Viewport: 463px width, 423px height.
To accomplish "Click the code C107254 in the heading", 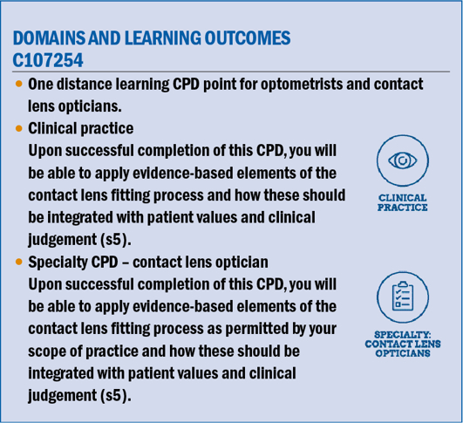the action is tap(48, 60).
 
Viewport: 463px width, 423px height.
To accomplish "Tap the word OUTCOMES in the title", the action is tap(248, 38).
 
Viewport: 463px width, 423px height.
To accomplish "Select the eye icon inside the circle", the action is tap(403, 160).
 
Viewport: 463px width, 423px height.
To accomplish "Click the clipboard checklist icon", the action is tap(403, 297).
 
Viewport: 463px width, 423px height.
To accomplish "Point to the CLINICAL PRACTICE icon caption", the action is tap(403, 202).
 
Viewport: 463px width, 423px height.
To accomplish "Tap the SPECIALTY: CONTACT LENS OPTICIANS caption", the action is tap(403, 344).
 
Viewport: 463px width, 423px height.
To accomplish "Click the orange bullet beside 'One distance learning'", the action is tap(19, 84).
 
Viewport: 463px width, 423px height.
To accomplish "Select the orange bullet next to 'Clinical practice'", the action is tap(19, 128).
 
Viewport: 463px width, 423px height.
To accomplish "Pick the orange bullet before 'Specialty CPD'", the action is tap(19, 262).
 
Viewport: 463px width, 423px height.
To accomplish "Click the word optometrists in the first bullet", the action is tap(302, 85).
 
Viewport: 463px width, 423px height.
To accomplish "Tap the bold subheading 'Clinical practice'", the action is tap(81, 128).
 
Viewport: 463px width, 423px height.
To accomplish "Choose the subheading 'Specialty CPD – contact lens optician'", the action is tap(148, 262).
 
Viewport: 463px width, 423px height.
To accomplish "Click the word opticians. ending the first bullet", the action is tap(90, 106).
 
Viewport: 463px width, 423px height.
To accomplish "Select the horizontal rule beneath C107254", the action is tap(231, 72).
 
